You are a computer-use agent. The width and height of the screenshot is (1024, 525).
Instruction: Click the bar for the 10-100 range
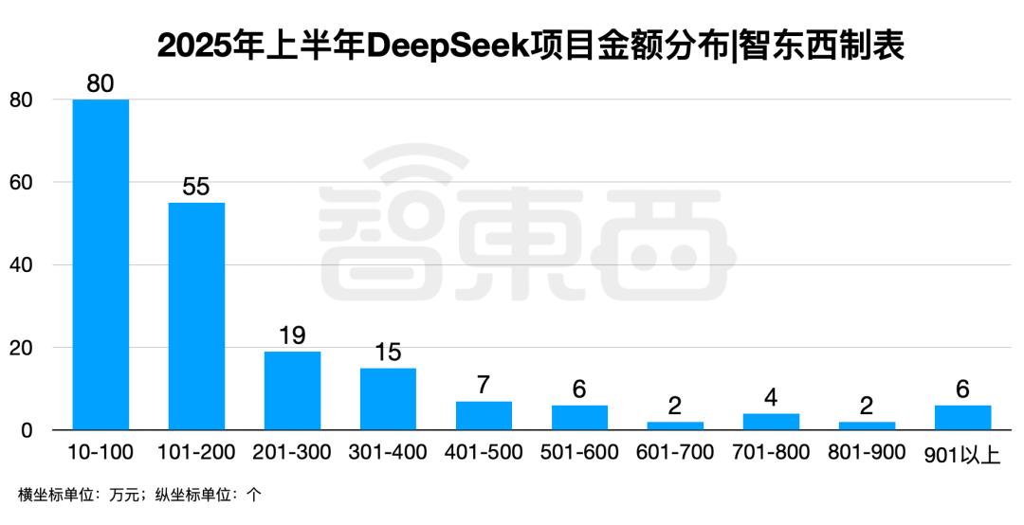point(101,264)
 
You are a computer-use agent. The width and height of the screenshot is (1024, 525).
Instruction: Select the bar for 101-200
point(196,317)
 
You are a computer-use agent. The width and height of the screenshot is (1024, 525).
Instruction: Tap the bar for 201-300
point(292,390)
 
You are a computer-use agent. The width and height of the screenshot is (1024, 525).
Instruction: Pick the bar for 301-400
point(388,399)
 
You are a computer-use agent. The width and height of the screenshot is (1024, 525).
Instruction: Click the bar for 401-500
point(484,416)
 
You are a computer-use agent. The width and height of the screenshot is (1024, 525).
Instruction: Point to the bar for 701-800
point(771,422)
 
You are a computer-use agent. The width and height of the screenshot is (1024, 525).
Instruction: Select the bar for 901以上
point(962,418)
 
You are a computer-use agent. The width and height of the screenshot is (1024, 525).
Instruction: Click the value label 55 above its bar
point(196,187)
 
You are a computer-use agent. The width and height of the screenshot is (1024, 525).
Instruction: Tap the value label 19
point(292,335)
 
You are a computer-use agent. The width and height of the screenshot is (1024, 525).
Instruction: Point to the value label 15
point(388,353)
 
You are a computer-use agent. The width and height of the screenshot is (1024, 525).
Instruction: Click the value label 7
point(484,386)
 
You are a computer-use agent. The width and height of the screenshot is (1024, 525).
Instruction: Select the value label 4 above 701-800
point(771,398)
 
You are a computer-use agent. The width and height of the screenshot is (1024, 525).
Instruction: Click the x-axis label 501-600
point(579,453)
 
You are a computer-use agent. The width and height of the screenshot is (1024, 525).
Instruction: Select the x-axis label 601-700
point(675,453)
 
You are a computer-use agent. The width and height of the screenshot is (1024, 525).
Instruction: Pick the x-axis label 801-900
point(867,453)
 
